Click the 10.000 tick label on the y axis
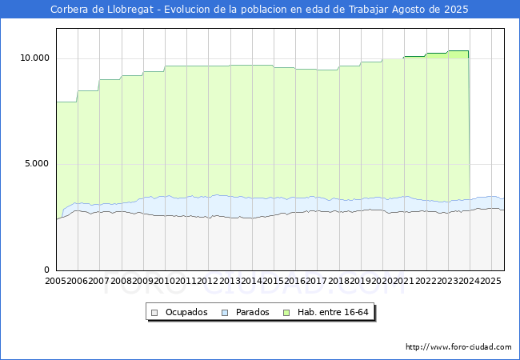click(x=35, y=58)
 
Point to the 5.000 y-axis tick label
click(x=37, y=164)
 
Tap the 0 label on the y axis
click(x=46, y=270)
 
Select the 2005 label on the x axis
click(x=56, y=281)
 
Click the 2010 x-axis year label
click(x=165, y=281)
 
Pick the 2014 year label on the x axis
click(x=252, y=281)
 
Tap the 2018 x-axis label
click(x=339, y=281)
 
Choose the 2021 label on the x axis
click(x=404, y=281)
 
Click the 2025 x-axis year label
click(x=491, y=281)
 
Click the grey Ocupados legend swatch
click(x=154, y=313)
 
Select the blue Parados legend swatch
click(x=225, y=313)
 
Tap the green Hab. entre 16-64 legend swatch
click(x=286, y=313)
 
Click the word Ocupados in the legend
click(x=186, y=312)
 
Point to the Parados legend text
click(x=252, y=312)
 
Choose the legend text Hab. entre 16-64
click(x=333, y=312)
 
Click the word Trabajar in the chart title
click(x=368, y=10)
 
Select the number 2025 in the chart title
click(x=456, y=10)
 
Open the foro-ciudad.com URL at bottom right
click(x=458, y=347)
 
